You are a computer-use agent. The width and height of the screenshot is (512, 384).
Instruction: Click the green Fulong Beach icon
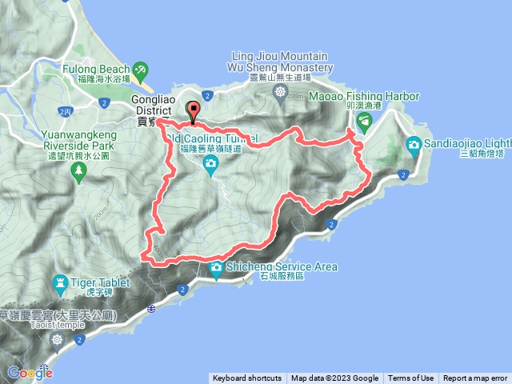click(142, 70)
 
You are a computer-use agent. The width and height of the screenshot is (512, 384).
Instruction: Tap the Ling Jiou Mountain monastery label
click(279, 62)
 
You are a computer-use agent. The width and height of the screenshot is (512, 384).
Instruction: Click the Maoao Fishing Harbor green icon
click(365, 121)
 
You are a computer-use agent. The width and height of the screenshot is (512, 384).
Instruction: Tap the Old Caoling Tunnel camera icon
click(210, 166)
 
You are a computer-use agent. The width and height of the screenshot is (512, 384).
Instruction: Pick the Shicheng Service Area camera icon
click(216, 271)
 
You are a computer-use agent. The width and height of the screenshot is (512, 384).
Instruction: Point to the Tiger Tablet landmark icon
click(60, 282)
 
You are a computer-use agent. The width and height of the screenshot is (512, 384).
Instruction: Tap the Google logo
click(30, 372)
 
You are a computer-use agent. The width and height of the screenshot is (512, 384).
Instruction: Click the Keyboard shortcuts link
click(247, 378)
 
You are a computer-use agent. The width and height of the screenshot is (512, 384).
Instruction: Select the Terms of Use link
click(410, 378)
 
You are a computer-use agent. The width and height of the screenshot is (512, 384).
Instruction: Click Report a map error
click(475, 378)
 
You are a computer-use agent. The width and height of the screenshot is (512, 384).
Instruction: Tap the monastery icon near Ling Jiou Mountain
click(281, 93)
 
